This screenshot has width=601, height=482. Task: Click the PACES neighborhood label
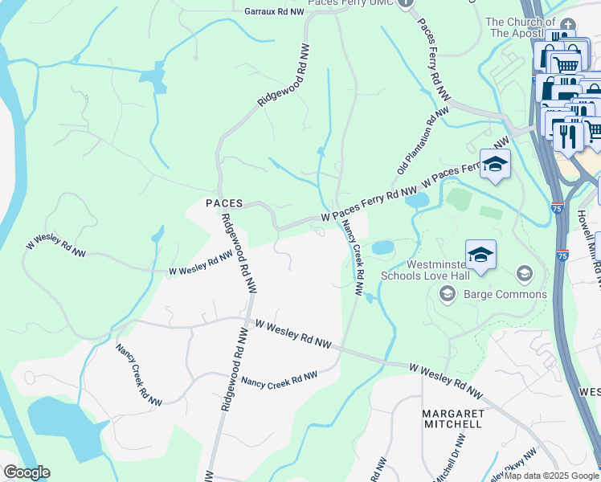tap(224, 204)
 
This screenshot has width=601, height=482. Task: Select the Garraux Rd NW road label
tap(275, 12)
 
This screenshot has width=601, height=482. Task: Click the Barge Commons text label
tap(505, 294)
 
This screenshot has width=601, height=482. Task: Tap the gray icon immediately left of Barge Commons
tap(448, 295)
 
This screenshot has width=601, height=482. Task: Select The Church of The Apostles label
tap(521, 27)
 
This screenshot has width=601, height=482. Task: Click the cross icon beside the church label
tap(569, 25)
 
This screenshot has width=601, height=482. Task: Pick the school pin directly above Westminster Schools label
tap(480, 255)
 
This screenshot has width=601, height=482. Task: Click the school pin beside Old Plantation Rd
tap(495, 164)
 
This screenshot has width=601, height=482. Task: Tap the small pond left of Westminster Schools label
tap(383, 247)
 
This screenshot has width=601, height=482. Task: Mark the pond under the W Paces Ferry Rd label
tap(417, 201)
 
